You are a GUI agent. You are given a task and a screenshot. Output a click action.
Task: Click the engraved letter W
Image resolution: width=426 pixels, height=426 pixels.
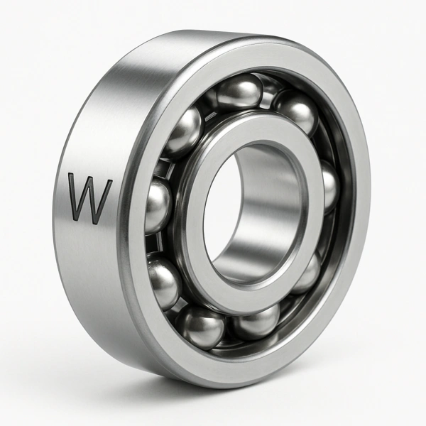(90, 197)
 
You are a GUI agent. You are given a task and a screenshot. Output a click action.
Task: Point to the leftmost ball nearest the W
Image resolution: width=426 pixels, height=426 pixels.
(158, 206)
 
